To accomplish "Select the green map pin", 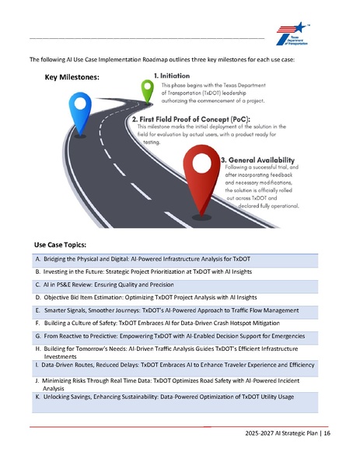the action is click(x=145, y=88).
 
